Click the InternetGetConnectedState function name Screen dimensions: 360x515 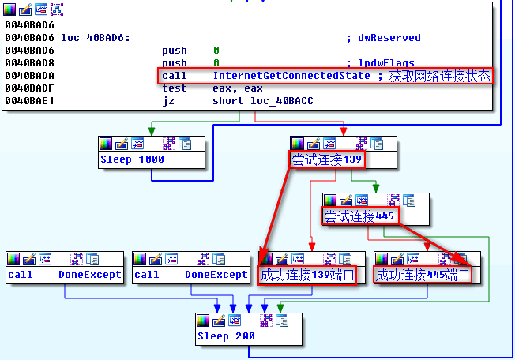[x=291, y=76]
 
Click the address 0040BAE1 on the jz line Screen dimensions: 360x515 [x=28, y=101]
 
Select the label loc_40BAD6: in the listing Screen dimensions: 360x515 [x=96, y=38]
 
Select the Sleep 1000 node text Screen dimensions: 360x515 [x=132, y=159]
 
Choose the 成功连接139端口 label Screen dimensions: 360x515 [x=307, y=275]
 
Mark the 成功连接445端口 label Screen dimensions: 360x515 [x=423, y=275]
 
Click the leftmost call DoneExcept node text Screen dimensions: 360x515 [x=65, y=275]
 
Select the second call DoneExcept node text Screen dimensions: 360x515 [x=191, y=275]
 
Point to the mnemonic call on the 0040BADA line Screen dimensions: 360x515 [x=175, y=76]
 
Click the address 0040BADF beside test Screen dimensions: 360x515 [x=28, y=88]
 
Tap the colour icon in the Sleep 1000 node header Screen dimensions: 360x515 [x=106, y=144]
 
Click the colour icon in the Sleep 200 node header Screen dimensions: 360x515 [x=203, y=321]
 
